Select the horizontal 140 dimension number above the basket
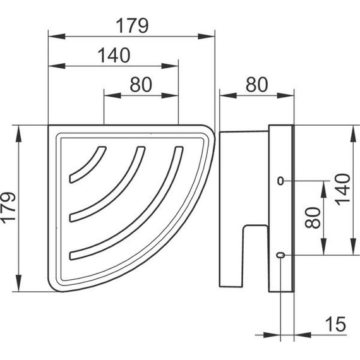tap(113, 56)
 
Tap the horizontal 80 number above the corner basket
tap(140, 85)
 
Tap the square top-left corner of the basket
tap(51, 127)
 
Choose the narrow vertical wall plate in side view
tap(281, 208)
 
